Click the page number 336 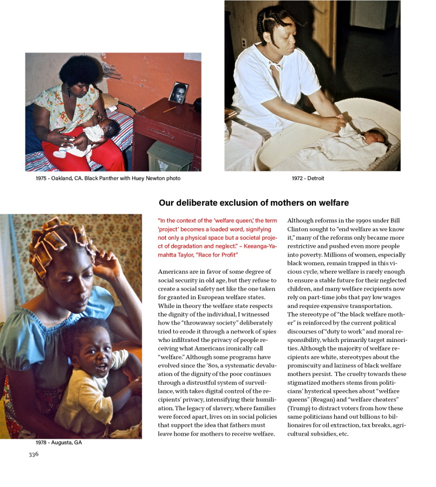pos(34,455)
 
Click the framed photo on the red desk pos(178,93)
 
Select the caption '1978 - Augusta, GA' pos(58,443)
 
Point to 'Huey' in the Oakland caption pos(146,179)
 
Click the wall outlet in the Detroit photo pos(243,43)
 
